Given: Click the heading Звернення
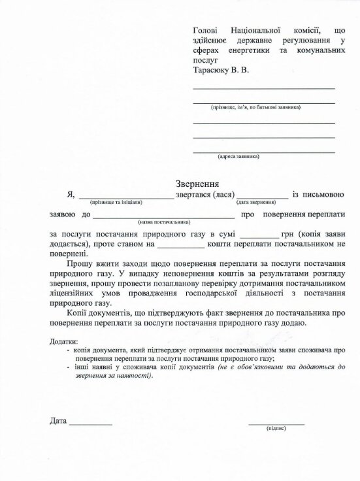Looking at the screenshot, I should tap(197, 184).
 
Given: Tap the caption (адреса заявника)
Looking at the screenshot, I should tap(238, 157).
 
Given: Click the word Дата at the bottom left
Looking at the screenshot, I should tap(58, 421).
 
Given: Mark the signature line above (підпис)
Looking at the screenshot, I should tap(276, 423).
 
